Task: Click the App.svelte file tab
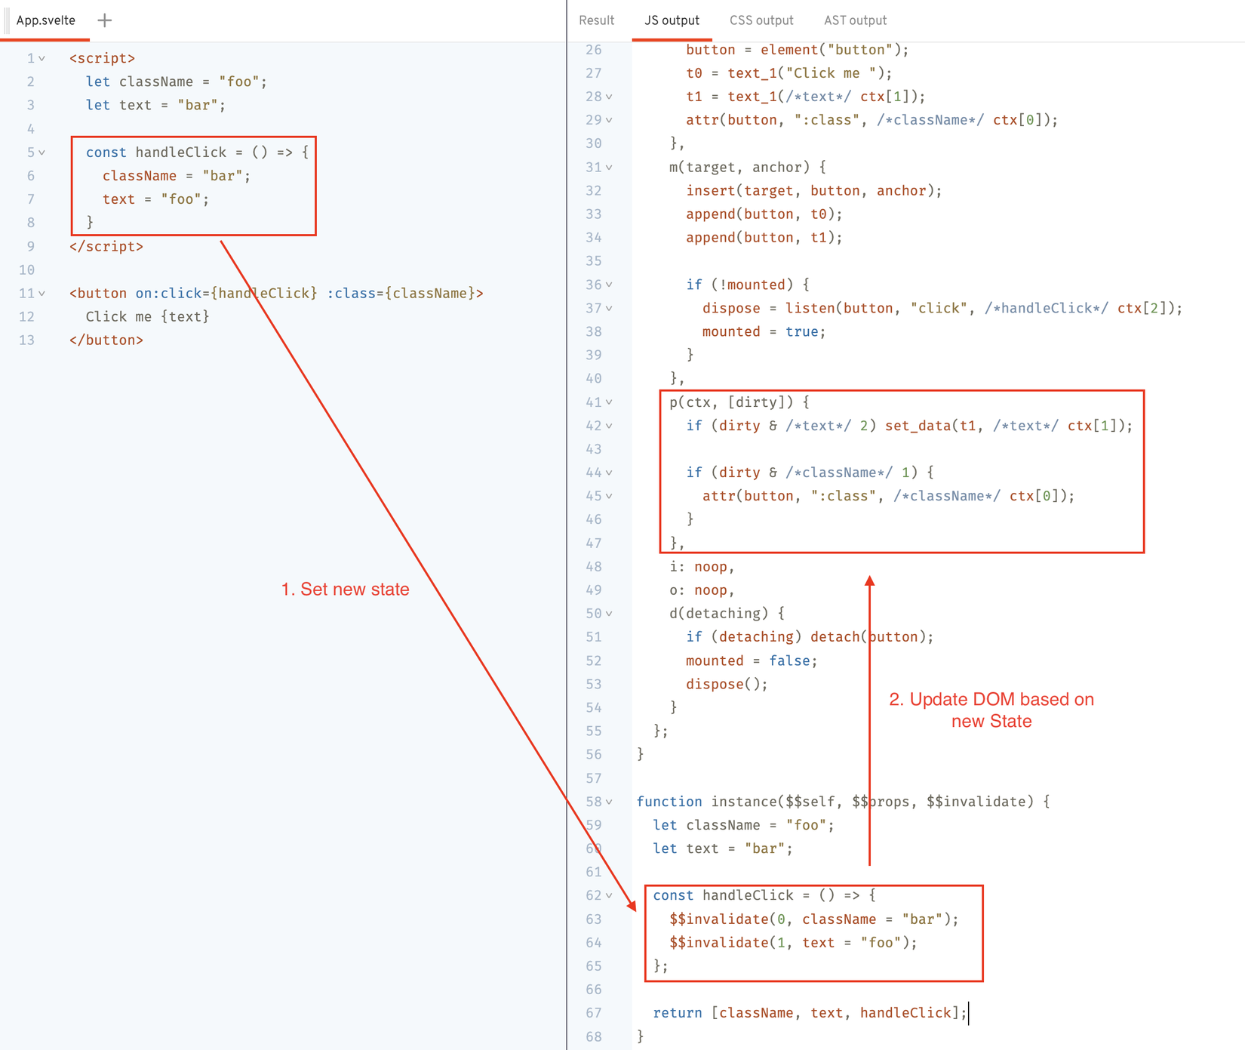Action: pyautogui.click(x=46, y=20)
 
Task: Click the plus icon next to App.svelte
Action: pyautogui.click(x=105, y=20)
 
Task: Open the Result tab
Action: pyautogui.click(x=596, y=20)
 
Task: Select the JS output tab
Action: pyautogui.click(x=672, y=20)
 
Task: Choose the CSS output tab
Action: pyautogui.click(x=761, y=20)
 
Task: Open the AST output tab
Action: pyautogui.click(x=855, y=20)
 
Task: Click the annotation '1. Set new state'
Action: pyautogui.click(x=345, y=590)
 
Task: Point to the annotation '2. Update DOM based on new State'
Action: pyautogui.click(x=991, y=710)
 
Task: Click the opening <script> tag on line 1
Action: pyautogui.click(x=103, y=58)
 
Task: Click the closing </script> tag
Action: pyautogui.click(x=106, y=246)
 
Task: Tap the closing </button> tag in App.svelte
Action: pyautogui.click(x=106, y=340)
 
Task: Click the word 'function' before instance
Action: pyautogui.click(x=669, y=802)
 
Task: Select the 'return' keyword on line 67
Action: pyautogui.click(x=678, y=1013)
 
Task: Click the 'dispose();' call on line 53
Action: pyautogui.click(x=727, y=684)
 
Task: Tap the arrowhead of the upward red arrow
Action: pyautogui.click(x=870, y=580)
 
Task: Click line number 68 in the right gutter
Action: pyautogui.click(x=594, y=1036)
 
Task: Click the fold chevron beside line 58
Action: pyautogui.click(x=609, y=802)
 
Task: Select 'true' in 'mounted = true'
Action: pyautogui.click(x=801, y=331)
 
